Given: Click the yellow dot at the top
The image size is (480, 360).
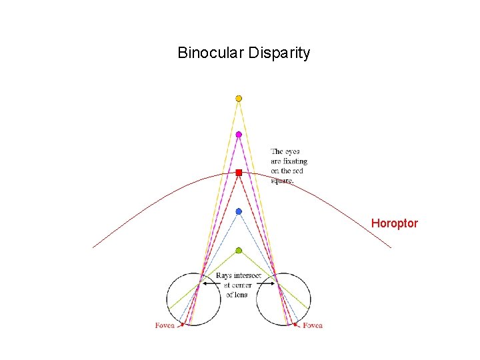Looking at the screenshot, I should click(239, 99).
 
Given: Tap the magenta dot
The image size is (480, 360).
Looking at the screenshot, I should click(239, 135).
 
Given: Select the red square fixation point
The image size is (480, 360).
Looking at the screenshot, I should click(239, 173).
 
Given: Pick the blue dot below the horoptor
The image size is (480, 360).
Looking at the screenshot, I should click(239, 211).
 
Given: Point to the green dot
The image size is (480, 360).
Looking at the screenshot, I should click(239, 251).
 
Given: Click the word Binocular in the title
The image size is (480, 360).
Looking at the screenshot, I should click(211, 53).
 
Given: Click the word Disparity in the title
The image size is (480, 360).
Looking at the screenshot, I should click(279, 53).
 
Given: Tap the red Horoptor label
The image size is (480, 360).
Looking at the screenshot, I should click(394, 223).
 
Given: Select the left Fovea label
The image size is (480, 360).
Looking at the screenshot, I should click(165, 325).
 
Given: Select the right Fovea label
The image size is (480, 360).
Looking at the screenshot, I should click(313, 325).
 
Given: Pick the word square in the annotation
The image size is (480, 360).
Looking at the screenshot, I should click(281, 181).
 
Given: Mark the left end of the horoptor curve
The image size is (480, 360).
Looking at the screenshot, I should click(93, 247).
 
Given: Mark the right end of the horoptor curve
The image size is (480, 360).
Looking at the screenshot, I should click(391, 248).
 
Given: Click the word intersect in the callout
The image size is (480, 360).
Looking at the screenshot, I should click(252, 275).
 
